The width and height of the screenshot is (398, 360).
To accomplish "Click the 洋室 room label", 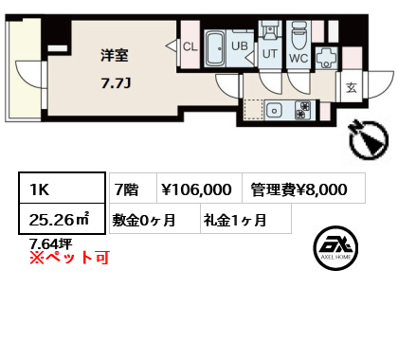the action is [x=115, y=55].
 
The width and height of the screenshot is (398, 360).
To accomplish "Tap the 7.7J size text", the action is [x=116, y=83].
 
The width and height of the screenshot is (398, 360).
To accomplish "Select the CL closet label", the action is [x=190, y=46].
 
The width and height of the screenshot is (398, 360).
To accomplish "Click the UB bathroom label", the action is [x=240, y=46].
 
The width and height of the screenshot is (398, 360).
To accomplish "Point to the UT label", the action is [x=270, y=54].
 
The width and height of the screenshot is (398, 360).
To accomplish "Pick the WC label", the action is [x=298, y=58].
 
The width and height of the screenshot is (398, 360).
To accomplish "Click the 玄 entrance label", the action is [x=352, y=87].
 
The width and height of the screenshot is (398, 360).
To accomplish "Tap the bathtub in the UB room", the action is [x=215, y=48].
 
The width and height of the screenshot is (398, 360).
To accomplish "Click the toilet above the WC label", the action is [x=298, y=36].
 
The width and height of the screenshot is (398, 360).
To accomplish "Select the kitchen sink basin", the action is [x=274, y=111].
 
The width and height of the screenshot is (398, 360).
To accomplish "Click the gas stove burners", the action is [x=303, y=110].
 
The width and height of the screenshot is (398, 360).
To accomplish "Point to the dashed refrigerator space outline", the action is [x=254, y=110].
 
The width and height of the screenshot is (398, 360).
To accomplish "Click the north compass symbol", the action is [x=369, y=139].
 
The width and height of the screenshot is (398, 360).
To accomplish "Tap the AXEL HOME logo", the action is [x=335, y=248].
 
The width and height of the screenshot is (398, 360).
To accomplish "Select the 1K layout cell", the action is [x=62, y=189].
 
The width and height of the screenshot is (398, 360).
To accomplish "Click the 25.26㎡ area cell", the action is [x=62, y=219].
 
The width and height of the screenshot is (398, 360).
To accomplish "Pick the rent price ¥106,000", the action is [x=196, y=189].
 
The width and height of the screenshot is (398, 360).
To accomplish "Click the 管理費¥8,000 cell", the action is [x=304, y=189].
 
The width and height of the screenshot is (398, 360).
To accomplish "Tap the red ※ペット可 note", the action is [x=69, y=257].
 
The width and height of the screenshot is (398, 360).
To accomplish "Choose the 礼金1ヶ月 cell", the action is [x=245, y=219].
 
